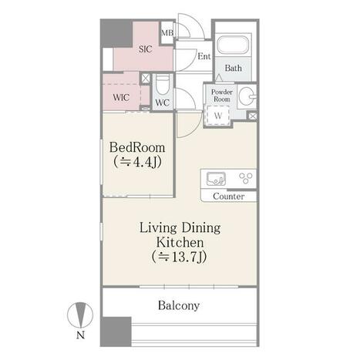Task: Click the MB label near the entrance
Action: [x=167, y=33]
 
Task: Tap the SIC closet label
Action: [x=146, y=49]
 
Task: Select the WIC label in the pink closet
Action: [x=121, y=98]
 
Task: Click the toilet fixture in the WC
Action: [x=163, y=85]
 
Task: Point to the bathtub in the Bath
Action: [x=233, y=45]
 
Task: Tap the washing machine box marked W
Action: [x=218, y=116]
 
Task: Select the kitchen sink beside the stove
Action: [x=217, y=179]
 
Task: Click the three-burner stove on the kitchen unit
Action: [x=246, y=178]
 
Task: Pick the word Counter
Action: [x=228, y=197]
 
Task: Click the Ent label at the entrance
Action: [x=204, y=56]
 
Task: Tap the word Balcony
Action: [x=179, y=306]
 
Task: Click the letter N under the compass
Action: [x=80, y=335]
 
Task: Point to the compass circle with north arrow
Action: [x=80, y=315]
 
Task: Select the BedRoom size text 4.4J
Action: [x=137, y=162]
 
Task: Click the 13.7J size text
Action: [x=179, y=257]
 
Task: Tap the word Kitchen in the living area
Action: [x=180, y=242]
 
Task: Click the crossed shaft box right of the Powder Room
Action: [x=252, y=116]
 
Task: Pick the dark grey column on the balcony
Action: [x=116, y=331]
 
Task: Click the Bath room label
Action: [x=234, y=68]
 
